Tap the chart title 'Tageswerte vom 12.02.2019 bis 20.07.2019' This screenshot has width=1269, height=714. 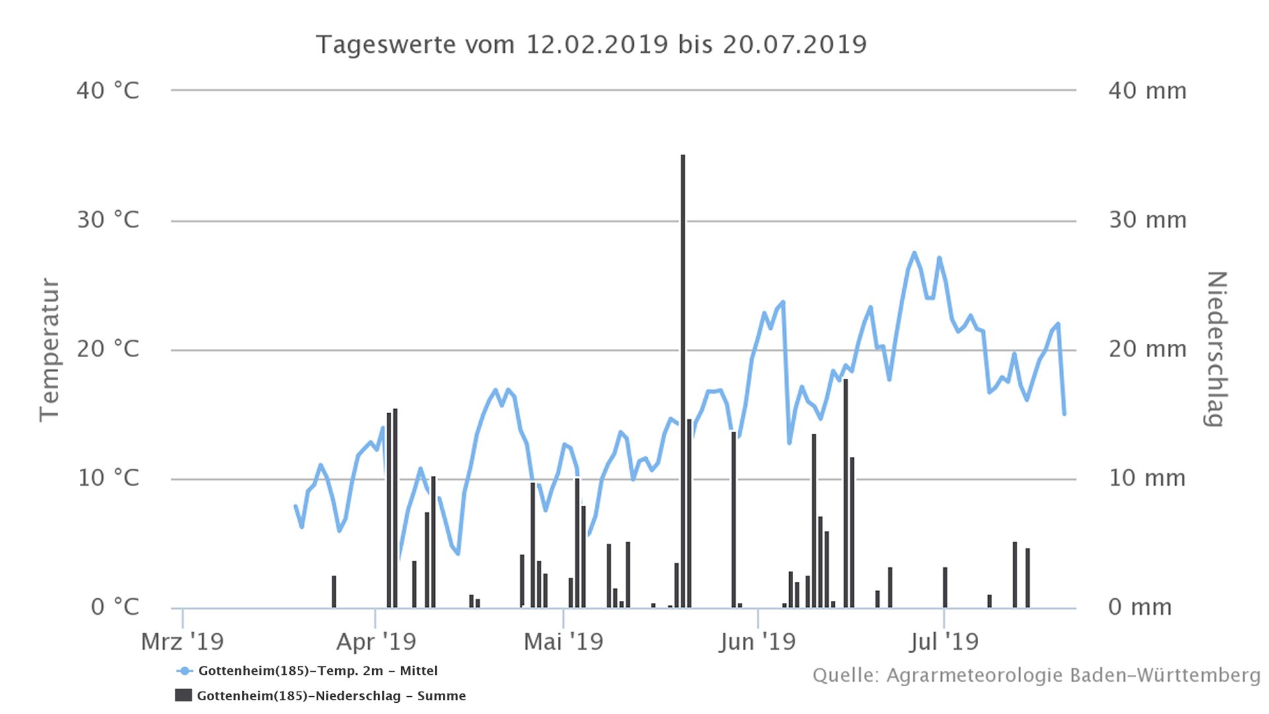point(591,45)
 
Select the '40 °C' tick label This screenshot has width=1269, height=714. point(108,91)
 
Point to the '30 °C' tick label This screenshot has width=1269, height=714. point(108,219)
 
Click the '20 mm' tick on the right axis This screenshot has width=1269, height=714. point(1147,349)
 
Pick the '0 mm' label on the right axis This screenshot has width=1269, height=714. point(1140,607)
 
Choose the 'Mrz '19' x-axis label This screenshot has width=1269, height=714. point(182,641)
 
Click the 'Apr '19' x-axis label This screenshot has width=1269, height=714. point(376,641)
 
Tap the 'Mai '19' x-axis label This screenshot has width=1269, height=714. point(563,641)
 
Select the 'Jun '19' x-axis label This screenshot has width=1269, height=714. point(757,641)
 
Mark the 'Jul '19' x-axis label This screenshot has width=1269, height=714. point(943,641)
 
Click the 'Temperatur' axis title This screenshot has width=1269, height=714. point(50,349)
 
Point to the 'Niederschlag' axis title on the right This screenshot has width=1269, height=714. point(1217,349)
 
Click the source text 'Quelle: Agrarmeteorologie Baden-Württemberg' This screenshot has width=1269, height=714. point(1036,676)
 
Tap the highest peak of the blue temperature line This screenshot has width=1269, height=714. point(914,253)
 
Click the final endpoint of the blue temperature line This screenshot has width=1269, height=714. point(1064,414)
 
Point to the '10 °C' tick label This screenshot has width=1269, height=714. point(108,478)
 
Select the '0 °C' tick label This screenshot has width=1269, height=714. point(114,607)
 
